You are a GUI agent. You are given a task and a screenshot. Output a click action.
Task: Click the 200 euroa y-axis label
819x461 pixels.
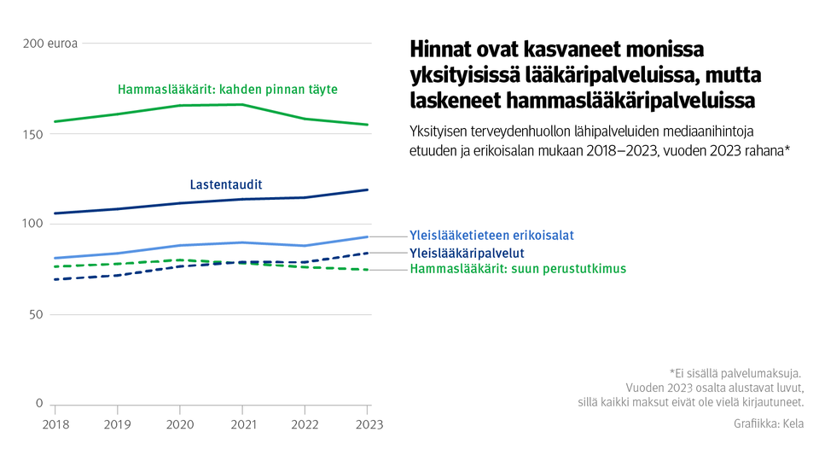[x=49, y=44]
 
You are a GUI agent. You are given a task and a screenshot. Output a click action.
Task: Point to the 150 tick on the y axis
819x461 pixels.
[x=32, y=134]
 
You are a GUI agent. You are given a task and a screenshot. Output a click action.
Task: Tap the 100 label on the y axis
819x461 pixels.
[x=32, y=224]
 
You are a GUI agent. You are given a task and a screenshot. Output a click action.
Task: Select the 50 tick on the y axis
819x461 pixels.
[x=35, y=314]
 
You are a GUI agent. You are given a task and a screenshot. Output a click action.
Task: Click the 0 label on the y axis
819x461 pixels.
[x=38, y=404]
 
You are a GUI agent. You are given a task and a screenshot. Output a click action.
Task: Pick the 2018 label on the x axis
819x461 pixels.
[x=55, y=424]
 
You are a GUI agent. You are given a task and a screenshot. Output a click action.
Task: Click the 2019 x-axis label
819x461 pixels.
[x=117, y=424]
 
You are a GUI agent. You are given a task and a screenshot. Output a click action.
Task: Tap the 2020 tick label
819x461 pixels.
[x=180, y=424]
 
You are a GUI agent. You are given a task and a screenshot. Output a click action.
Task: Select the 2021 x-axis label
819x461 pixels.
[x=242, y=424]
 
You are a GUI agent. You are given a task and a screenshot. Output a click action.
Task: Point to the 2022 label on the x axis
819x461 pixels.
[x=305, y=424]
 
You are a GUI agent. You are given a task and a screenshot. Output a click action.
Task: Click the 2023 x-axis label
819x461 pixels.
[x=369, y=424]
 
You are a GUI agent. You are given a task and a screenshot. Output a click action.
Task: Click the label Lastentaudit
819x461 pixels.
[x=225, y=184]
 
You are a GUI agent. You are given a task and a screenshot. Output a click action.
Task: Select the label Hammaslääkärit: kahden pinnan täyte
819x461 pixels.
[x=228, y=89]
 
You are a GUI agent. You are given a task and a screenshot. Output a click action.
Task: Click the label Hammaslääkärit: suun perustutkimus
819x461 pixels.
[x=518, y=269]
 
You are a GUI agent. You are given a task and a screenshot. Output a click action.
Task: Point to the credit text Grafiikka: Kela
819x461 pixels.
[x=768, y=423]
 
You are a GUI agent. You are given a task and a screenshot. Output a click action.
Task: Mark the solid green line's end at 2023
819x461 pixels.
[x=368, y=125]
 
